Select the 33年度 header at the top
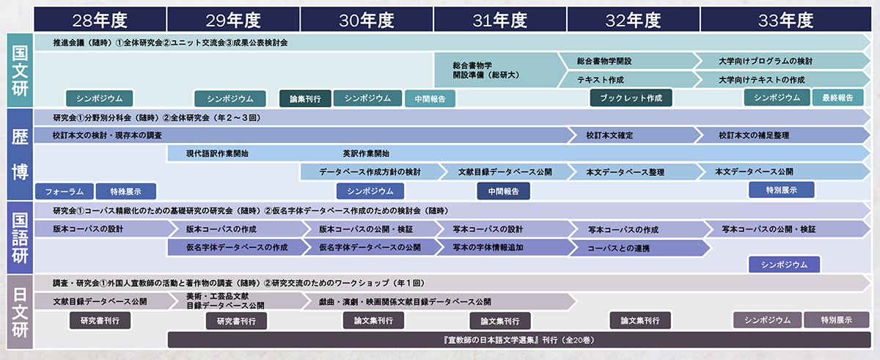pyautogui.click(x=784, y=20)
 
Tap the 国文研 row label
pyautogui.click(x=19, y=70)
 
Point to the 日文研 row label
pyautogui.click(x=19, y=311)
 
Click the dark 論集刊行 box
pyautogui.click(x=304, y=98)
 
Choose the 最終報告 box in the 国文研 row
pyautogui.click(x=837, y=98)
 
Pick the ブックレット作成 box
pyautogui.click(x=631, y=98)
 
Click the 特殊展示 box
pyautogui.click(x=128, y=191)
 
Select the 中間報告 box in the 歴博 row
pyautogui.click(x=503, y=191)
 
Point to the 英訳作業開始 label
pyautogui.click(x=366, y=154)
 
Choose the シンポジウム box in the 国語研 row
pyautogui.click(x=784, y=264)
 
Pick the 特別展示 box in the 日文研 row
pyautogui.click(x=837, y=320)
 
